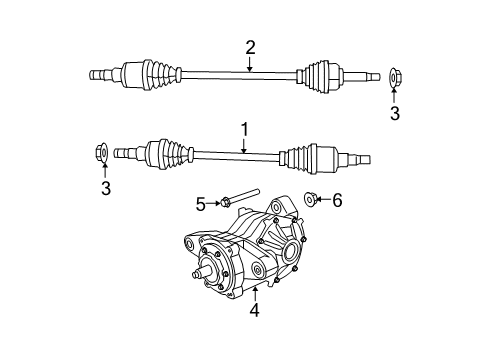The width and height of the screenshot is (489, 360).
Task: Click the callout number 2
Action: (x=250, y=46)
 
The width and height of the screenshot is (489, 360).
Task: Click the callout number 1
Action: (x=242, y=129)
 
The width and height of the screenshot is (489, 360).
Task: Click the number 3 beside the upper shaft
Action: (x=394, y=113)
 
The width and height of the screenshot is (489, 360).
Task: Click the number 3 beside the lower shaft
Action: (x=105, y=186)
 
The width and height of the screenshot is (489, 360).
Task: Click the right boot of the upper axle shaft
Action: (x=316, y=76)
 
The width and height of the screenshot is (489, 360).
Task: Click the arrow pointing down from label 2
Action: (x=250, y=64)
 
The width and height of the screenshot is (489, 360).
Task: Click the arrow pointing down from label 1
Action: (x=242, y=146)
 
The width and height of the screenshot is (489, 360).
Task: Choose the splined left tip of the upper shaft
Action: (x=99, y=75)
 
